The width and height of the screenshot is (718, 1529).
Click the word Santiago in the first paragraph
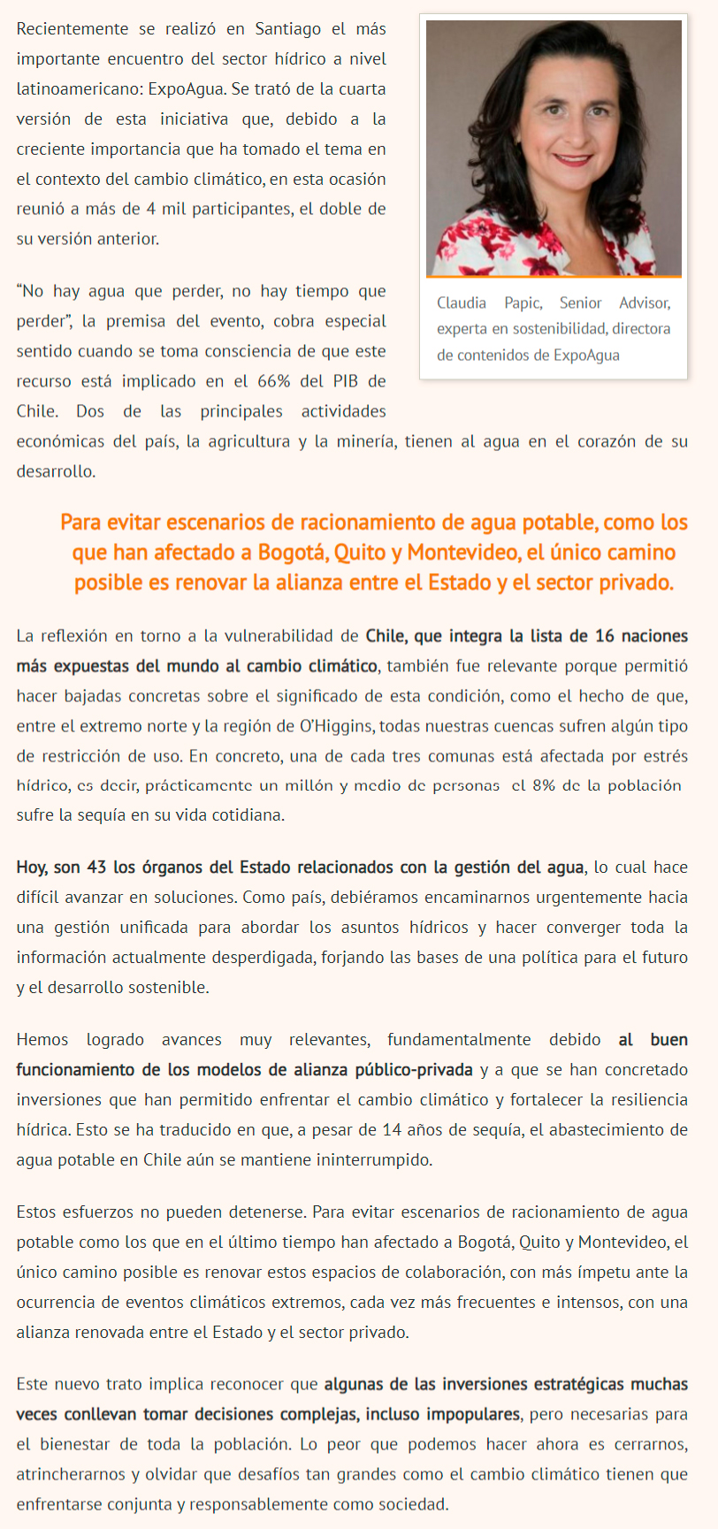288,29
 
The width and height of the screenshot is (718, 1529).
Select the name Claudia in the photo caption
461,303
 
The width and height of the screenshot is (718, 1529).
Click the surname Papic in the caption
523,303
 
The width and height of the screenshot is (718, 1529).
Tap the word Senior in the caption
580,303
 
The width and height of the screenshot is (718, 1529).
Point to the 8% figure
543,785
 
